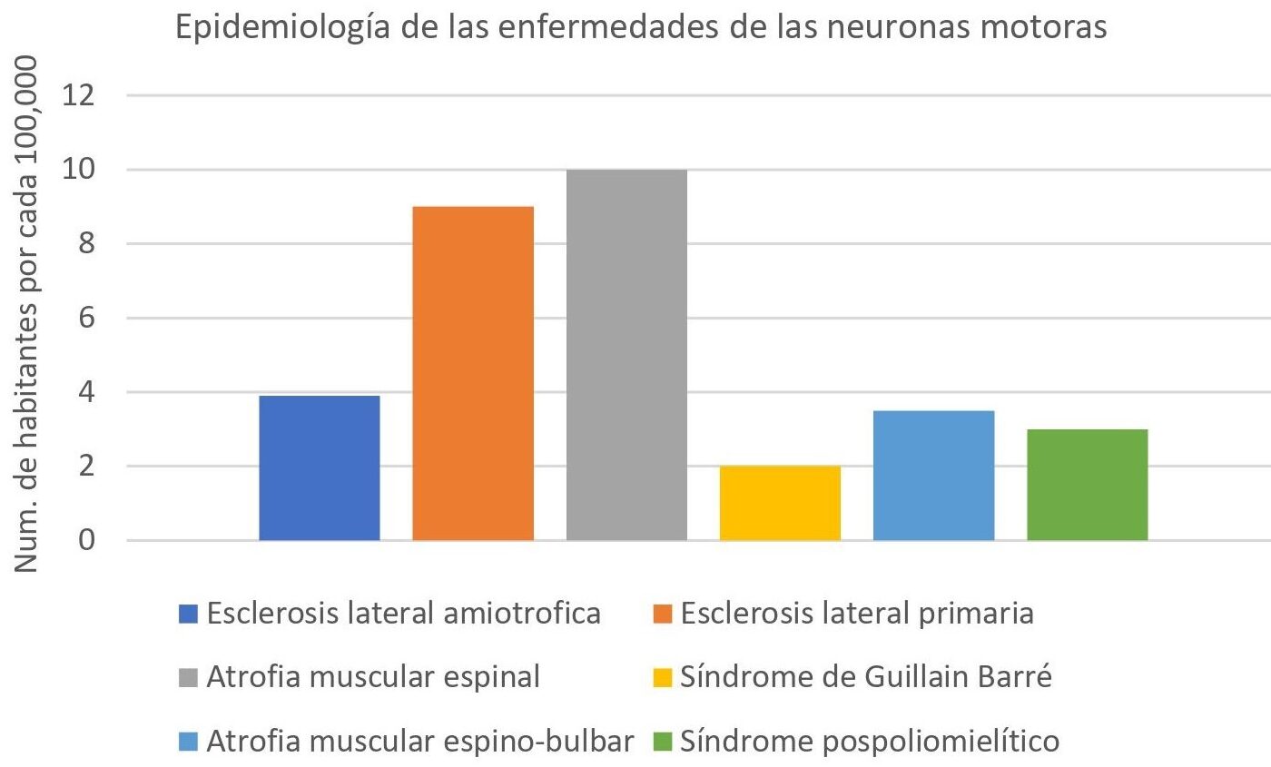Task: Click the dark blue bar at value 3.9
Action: [320, 468]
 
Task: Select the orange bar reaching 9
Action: [473, 374]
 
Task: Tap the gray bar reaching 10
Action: [626, 355]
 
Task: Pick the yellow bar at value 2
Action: [780, 504]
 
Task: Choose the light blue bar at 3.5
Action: [933, 476]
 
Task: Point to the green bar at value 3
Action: [1087, 485]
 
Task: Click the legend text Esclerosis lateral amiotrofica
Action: [404, 614]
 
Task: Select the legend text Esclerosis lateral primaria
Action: [856, 614]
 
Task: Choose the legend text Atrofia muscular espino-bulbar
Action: [419, 741]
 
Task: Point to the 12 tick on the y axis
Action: [84, 95]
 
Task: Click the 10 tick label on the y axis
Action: [84, 170]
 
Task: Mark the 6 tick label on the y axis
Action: [94, 318]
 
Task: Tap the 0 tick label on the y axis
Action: [94, 541]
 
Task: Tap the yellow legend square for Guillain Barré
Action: [661, 679]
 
